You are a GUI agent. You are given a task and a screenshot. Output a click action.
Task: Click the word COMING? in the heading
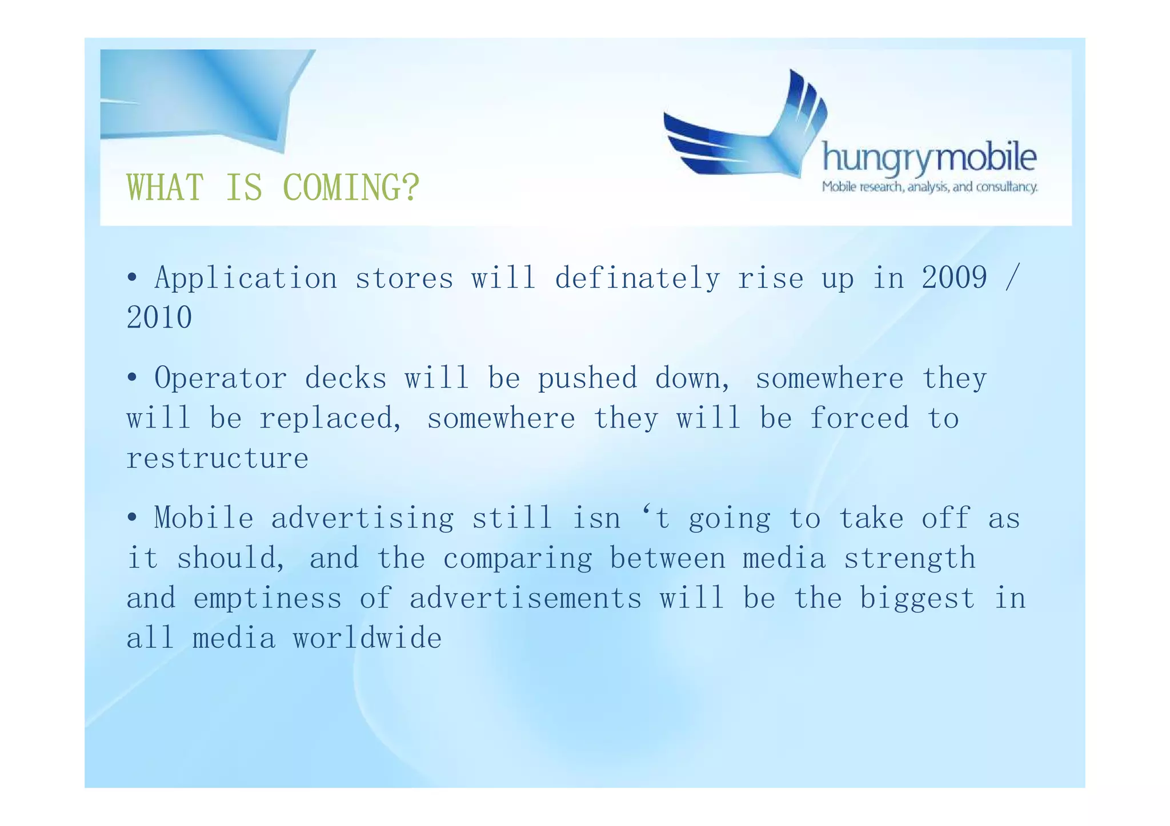[x=351, y=187]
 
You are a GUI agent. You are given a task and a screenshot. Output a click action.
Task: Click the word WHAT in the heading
[x=165, y=187]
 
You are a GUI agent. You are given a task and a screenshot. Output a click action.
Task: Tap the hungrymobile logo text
[x=929, y=158]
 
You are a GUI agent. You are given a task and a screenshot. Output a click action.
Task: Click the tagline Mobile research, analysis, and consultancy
[x=929, y=187]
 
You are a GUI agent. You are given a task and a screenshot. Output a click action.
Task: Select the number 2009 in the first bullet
[x=954, y=279]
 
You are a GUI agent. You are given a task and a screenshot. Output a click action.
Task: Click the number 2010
[x=159, y=318]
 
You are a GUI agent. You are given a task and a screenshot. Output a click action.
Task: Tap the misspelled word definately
[x=637, y=279]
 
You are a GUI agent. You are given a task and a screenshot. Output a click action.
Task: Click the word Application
[x=246, y=279]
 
